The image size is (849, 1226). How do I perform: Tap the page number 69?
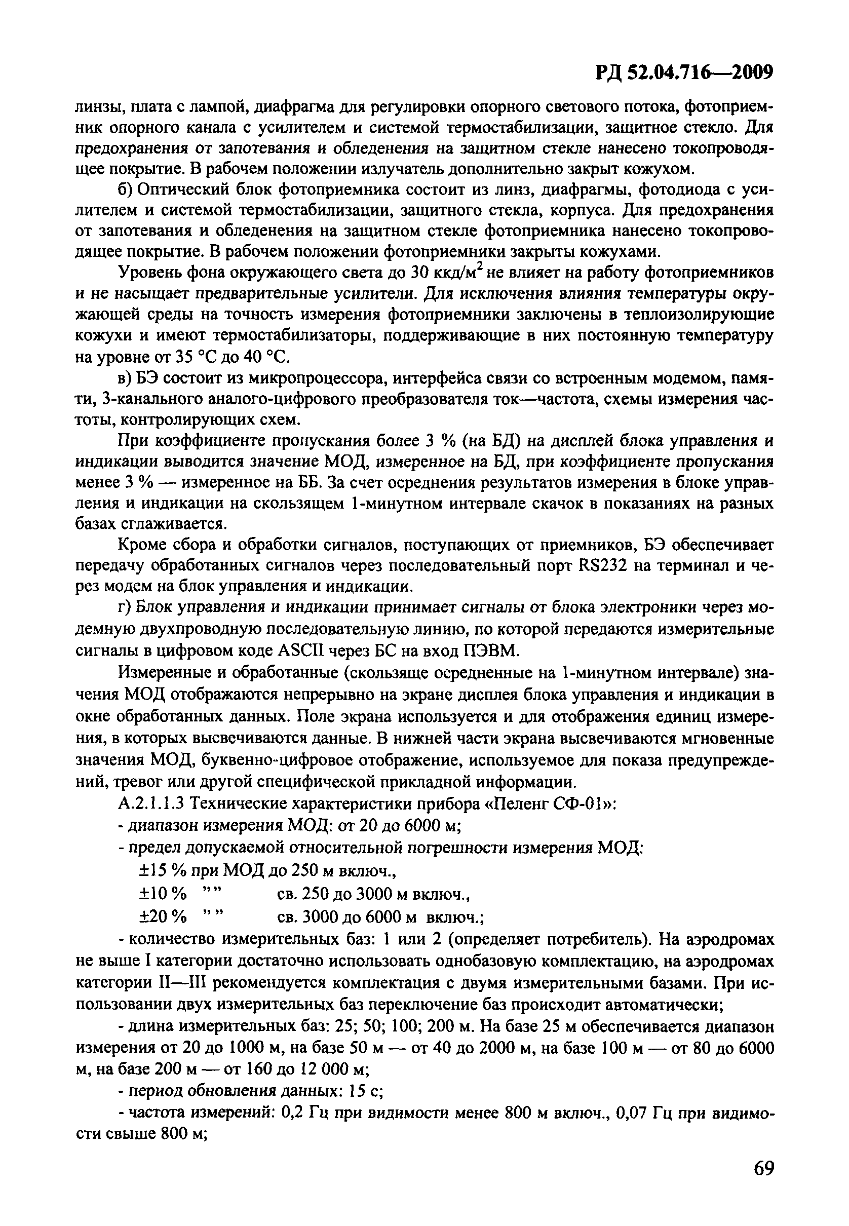click(763, 1168)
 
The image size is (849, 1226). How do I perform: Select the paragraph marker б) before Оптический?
click(125, 190)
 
